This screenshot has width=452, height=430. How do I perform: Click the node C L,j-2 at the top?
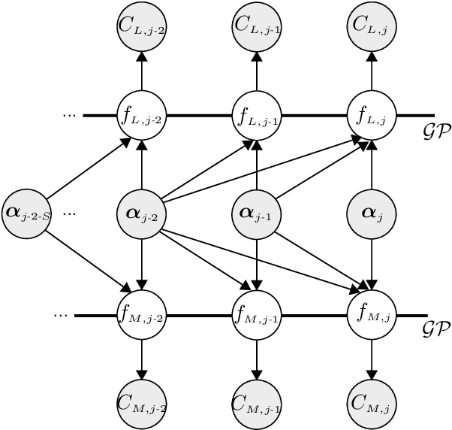coord(142,25)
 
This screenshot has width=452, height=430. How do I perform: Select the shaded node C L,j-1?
coord(257,25)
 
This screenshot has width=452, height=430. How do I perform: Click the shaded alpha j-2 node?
coord(142,213)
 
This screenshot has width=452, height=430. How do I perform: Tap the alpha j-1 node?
coord(257,213)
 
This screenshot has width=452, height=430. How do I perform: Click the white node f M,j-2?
coord(142,314)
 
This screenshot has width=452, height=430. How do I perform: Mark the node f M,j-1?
coord(257,314)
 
